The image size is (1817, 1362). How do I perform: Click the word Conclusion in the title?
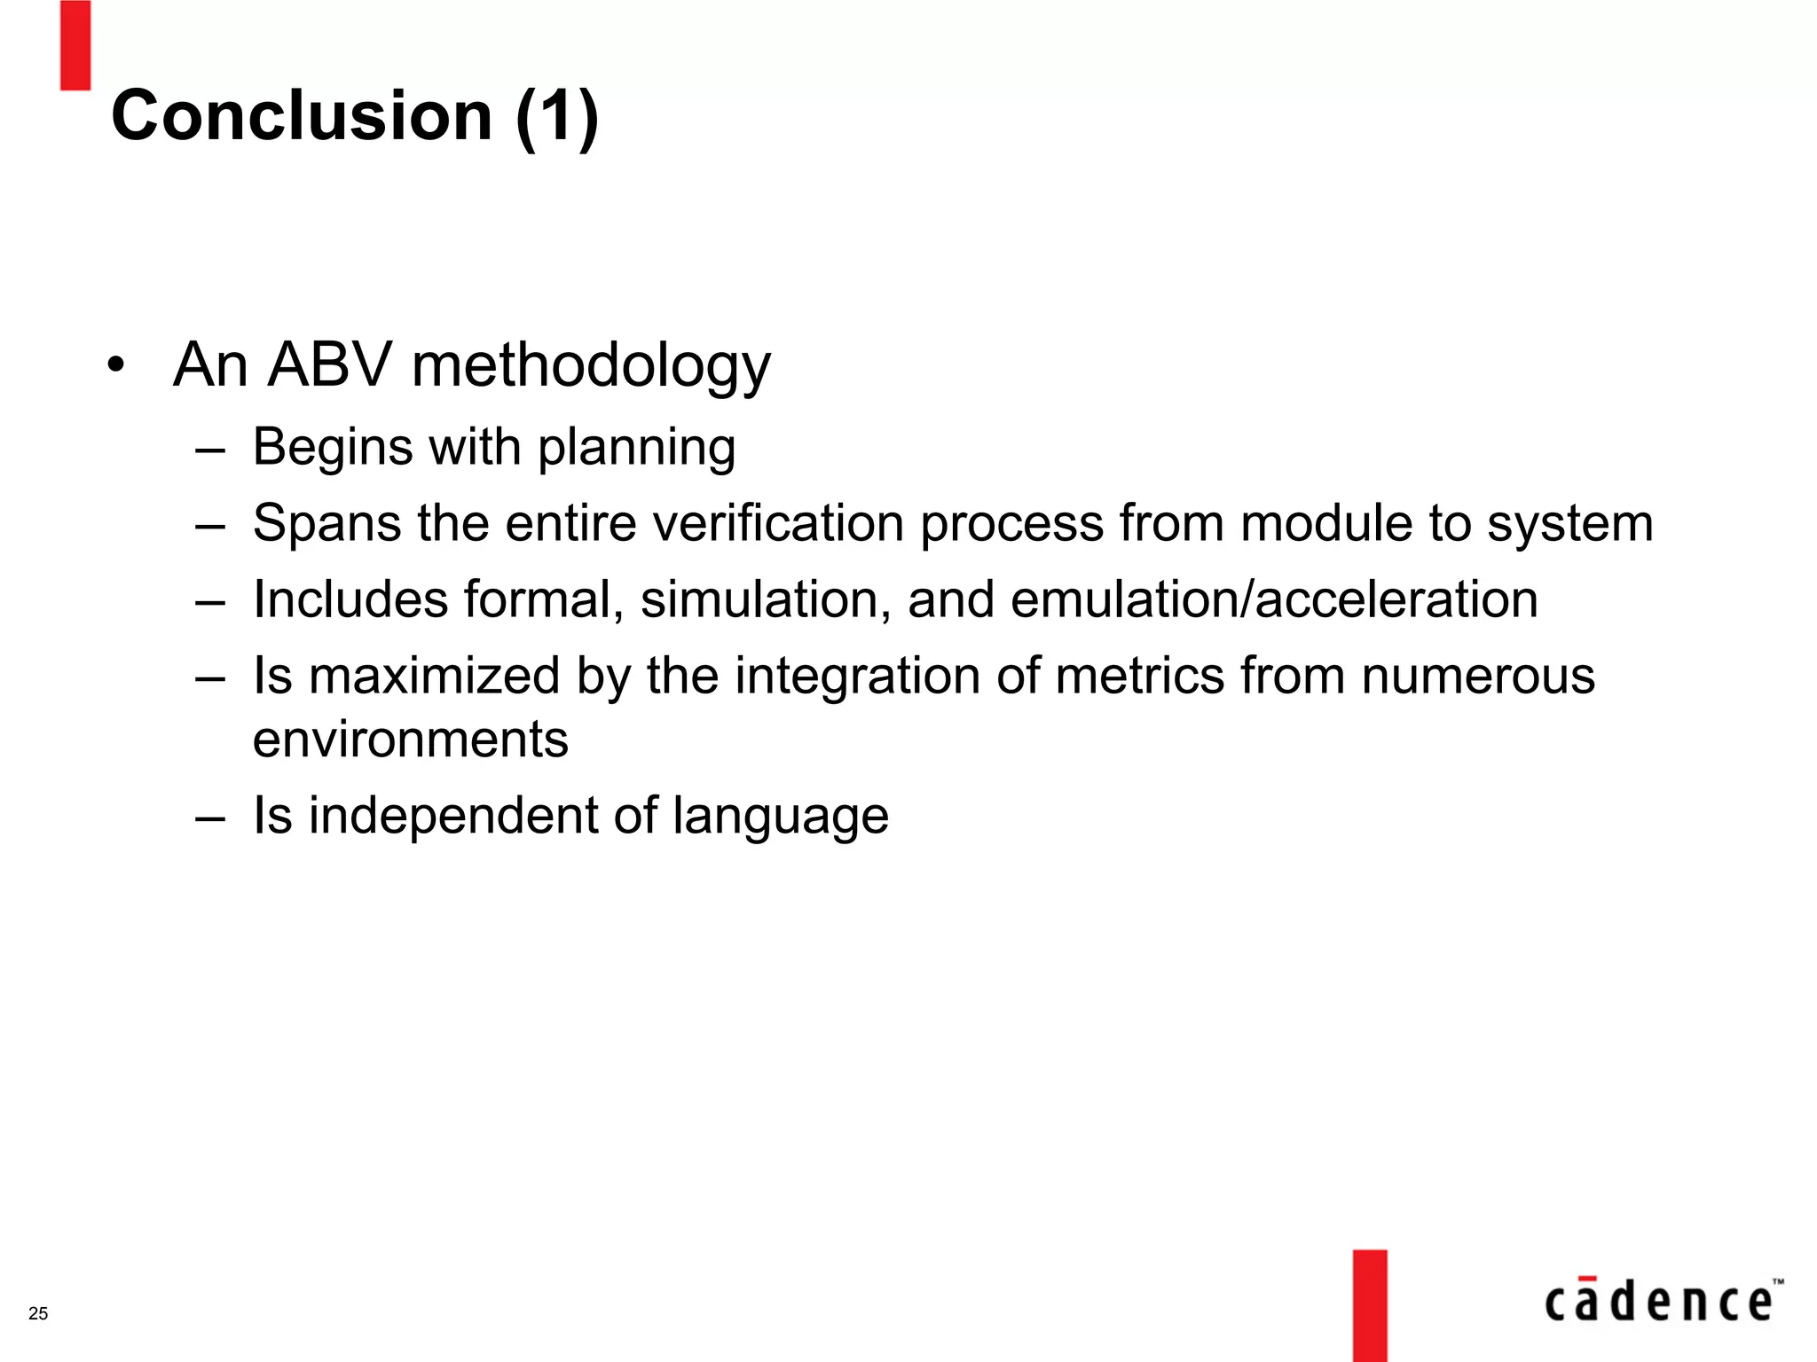(302, 116)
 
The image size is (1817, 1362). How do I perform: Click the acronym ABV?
(329, 364)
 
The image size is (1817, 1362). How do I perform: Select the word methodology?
(591, 366)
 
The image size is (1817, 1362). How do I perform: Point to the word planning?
(636, 448)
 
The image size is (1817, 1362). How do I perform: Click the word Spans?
(327, 523)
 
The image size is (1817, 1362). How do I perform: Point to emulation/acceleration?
(1274, 600)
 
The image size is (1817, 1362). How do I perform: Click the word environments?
(410, 740)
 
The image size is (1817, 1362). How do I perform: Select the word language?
(780, 817)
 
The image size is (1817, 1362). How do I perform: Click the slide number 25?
(38, 1313)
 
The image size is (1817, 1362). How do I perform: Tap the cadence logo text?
(1659, 1301)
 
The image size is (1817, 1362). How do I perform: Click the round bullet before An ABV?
(115, 365)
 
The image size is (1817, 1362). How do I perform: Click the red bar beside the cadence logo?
(1369, 1304)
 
